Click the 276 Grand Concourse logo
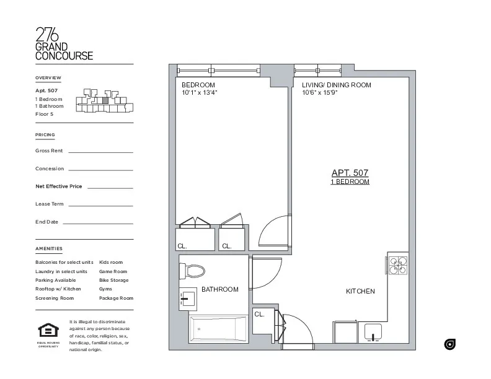64,44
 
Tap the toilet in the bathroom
193,271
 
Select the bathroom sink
188,300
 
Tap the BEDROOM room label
198,85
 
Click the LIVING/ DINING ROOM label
336,85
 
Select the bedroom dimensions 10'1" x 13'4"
199,93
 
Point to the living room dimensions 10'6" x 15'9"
319,93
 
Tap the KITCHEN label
360,291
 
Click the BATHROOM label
219,289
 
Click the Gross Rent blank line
100,152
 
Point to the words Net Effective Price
59,186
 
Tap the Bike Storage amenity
113,280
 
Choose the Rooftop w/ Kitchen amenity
58,289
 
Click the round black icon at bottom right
451,344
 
